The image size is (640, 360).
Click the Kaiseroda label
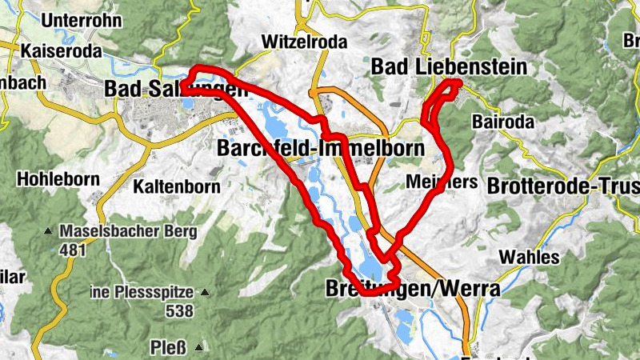(62, 51)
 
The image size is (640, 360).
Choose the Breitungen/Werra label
(412, 289)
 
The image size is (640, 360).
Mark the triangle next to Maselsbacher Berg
(48, 233)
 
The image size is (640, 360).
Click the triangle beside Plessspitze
(205, 293)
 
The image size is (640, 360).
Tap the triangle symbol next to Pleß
(197, 348)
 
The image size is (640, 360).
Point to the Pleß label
(168, 347)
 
